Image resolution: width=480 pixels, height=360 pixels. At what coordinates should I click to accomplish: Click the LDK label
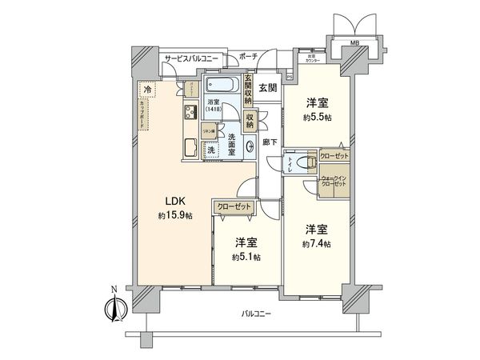(175, 202)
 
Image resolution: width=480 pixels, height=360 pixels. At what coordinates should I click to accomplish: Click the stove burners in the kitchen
(192, 112)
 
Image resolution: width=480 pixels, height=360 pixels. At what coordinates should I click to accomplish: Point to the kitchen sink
(192, 147)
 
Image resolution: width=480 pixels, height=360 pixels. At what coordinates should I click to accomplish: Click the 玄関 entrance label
(268, 87)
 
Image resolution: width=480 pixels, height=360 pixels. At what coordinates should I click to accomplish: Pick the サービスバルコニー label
(193, 59)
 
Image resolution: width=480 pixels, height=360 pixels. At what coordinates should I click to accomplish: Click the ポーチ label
(249, 58)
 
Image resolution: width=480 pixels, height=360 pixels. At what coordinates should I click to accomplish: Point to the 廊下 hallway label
(270, 141)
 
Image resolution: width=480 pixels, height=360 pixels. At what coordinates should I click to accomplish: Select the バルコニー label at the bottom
(256, 314)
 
